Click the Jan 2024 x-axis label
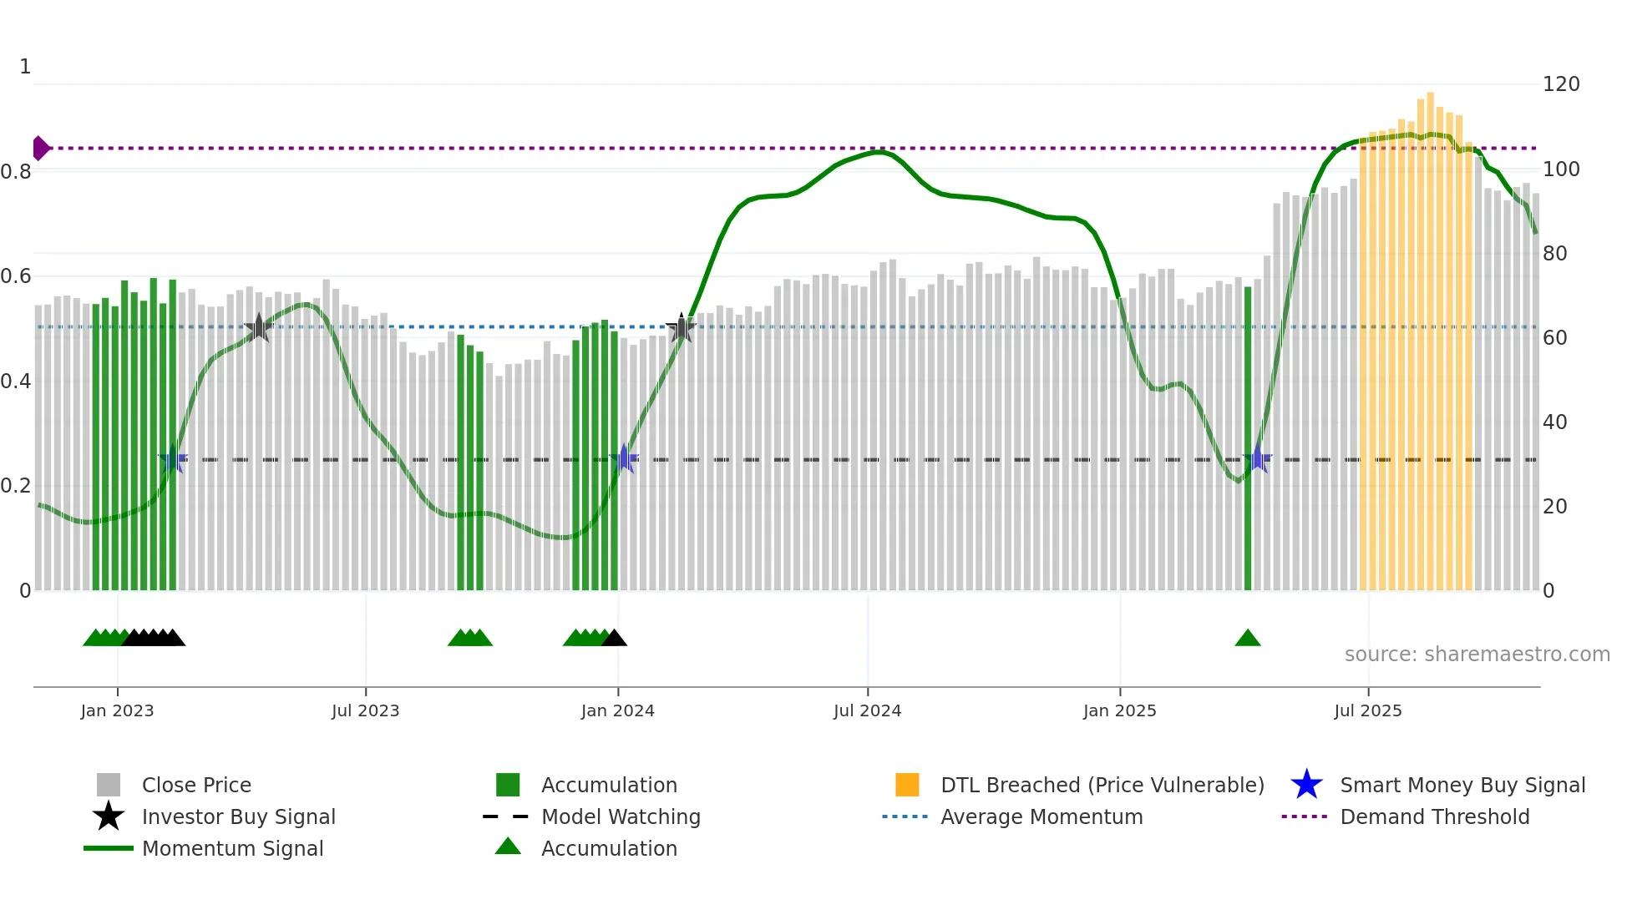[617, 710]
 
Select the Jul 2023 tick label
[365, 710]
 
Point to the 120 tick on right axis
[1560, 84]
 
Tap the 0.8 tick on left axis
[17, 172]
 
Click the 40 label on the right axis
[1554, 422]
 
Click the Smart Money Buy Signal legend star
[1306, 785]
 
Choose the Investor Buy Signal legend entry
[238, 816]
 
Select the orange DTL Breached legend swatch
[907, 785]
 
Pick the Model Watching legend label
[621, 816]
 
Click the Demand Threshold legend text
[1434, 816]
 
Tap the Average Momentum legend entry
[1041, 816]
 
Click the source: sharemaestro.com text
[1477, 655]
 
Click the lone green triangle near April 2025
[1248, 639]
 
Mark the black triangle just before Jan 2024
[614, 639]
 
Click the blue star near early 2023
[173, 458]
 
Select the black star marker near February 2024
[682, 328]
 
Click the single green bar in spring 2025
[1248, 438]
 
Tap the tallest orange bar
[1430, 334]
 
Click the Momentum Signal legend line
[109, 848]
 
